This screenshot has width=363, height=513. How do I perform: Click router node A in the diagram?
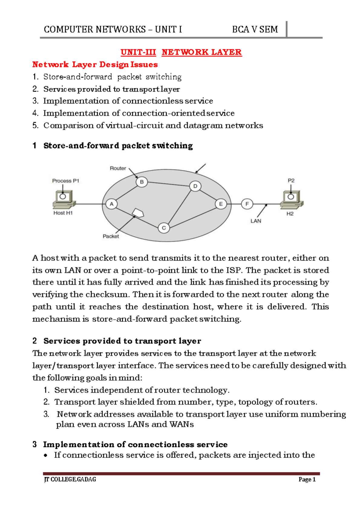pyautogui.click(x=112, y=204)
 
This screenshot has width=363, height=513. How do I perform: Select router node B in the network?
pyautogui.click(x=142, y=182)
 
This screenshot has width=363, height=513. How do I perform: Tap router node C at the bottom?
pyautogui.click(x=164, y=228)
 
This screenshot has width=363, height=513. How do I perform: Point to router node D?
pyautogui.click(x=195, y=186)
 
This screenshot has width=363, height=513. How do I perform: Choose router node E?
pyautogui.click(x=221, y=204)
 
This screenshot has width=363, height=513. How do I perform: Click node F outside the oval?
pyautogui.click(x=247, y=204)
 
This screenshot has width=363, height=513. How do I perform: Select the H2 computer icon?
pyautogui.click(x=291, y=200)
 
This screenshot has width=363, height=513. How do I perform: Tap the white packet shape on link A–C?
pyautogui.click(x=138, y=213)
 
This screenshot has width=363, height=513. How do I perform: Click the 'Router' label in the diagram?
pyautogui.click(x=118, y=168)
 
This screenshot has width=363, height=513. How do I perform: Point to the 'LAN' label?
pyautogui.click(x=256, y=221)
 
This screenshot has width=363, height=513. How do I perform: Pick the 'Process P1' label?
pyautogui.click(x=66, y=181)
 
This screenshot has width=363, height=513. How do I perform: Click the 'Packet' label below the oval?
pyautogui.click(x=111, y=237)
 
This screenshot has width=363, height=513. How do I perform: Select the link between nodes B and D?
pyautogui.click(x=168, y=184)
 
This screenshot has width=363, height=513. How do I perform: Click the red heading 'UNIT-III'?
pyautogui.click(x=138, y=52)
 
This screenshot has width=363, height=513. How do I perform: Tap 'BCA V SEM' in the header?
pyautogui.click(x=255, y=30)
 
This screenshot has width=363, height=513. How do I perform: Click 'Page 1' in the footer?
pyautogui.click(x=307, y=479)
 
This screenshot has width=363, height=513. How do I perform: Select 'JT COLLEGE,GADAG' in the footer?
pyautogui.click(x=70, y=479)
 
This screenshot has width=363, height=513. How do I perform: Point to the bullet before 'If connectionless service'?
pyautogui.click(x=46, y=456)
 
